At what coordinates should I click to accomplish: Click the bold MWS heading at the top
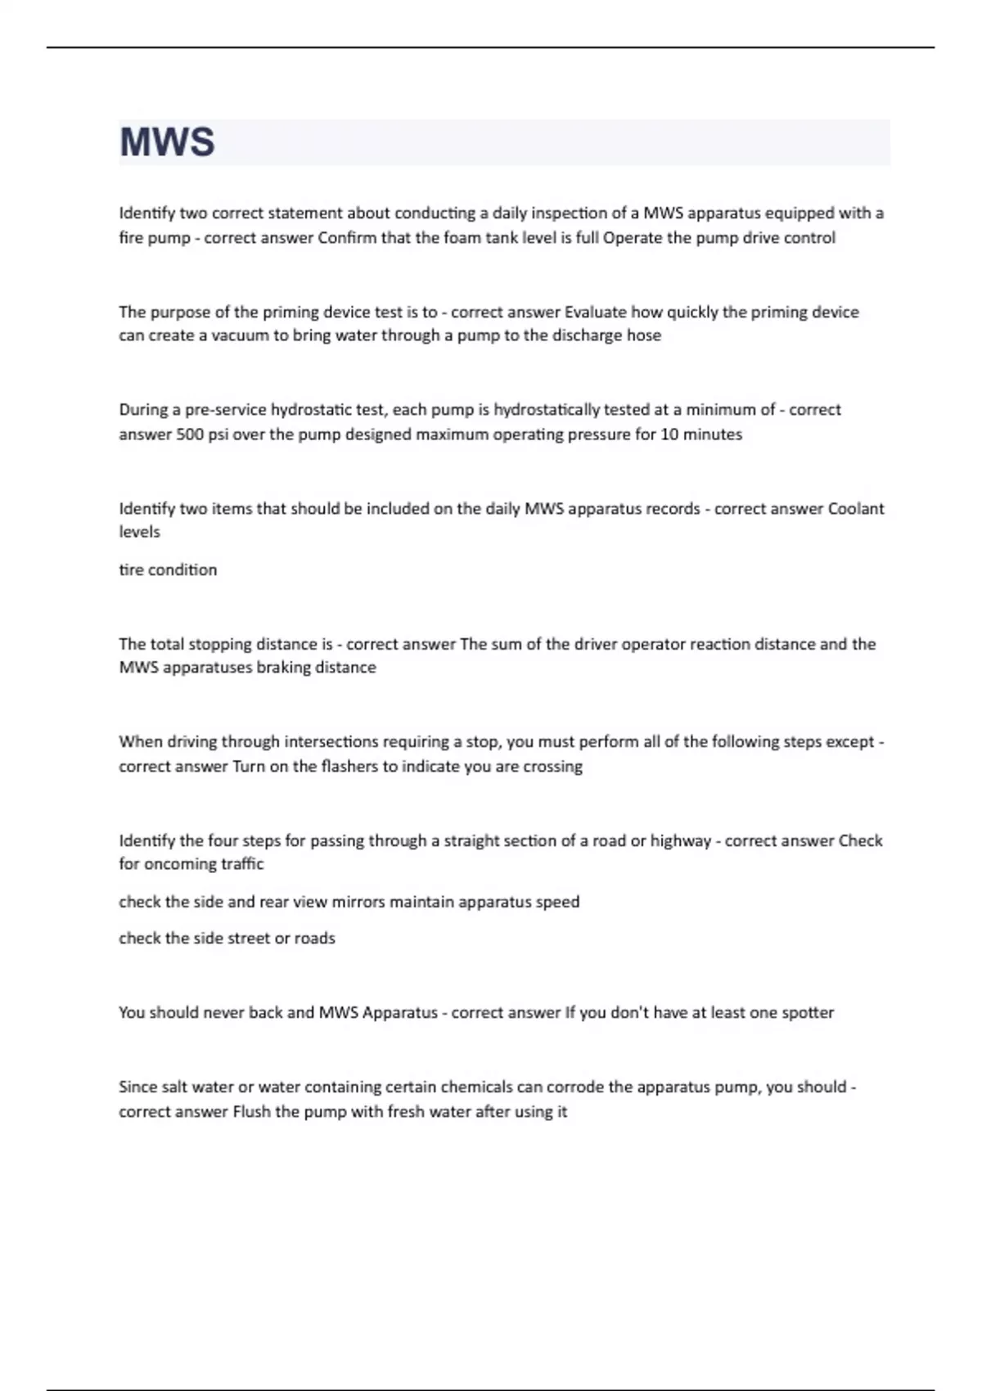point(167,142)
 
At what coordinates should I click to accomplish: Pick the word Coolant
point(856,508)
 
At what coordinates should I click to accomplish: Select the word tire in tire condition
point(131,569)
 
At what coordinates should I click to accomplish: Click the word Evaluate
point(596,312)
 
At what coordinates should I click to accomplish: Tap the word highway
point(681,841)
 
